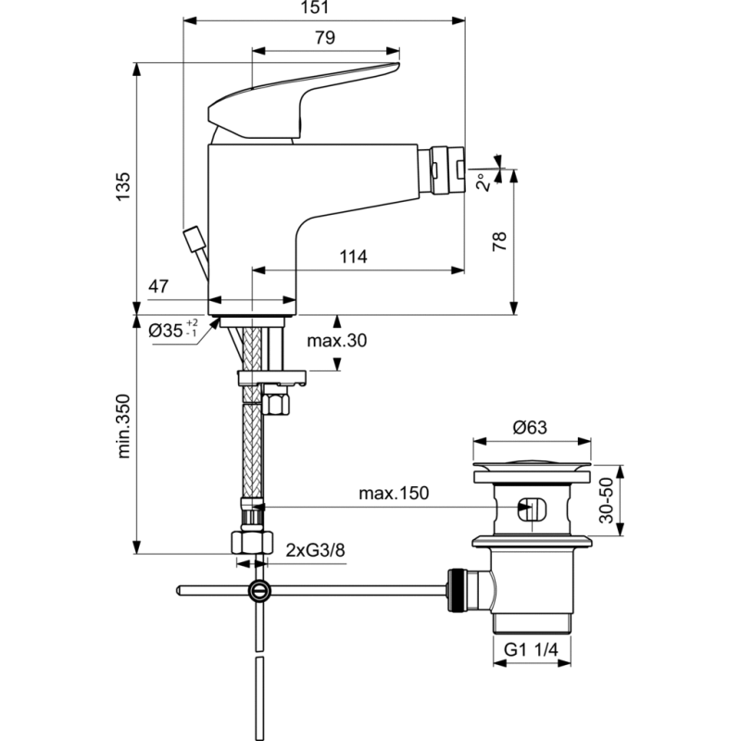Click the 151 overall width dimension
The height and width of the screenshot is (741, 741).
[x=315, y=7]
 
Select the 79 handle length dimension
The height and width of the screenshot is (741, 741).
[x=325, y=38]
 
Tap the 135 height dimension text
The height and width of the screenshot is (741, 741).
[x=123, y=187]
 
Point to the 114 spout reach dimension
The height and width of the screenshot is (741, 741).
[x=354, y=257]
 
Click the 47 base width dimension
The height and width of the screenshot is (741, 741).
[x=158, y=286]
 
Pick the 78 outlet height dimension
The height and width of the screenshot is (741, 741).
[x=499, y=242]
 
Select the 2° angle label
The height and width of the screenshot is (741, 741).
[x=484, y=182]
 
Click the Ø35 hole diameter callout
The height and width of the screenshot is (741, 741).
[x=173, y=329]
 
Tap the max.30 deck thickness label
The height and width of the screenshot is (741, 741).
[x=337, y=340]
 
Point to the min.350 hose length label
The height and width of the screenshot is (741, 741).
[x=123, y=426]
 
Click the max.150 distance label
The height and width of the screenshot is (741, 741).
[x=394, y=494]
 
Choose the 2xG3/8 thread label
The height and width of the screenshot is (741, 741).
[x=315, y=550]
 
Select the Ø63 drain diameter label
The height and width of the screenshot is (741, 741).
[x=530, y=428]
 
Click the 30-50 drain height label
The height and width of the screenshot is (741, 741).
[x=606, y=500]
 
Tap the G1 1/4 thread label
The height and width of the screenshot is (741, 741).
[x=531, y=650]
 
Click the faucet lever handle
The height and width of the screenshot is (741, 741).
[x=304, y=102]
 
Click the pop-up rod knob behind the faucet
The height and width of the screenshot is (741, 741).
[x=195, y=239]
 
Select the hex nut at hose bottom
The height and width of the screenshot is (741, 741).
[x=252, y=543]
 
